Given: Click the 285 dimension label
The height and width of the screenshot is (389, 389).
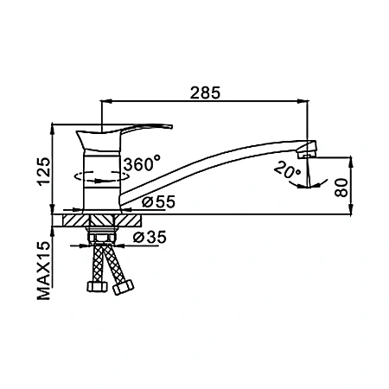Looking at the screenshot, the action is click(205, 92).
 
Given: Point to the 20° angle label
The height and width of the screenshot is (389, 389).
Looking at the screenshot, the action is click(287, 170).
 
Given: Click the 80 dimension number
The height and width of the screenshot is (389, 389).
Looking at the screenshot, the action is click(341, 188).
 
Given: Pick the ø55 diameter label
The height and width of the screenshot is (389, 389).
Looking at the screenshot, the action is click(158, 201).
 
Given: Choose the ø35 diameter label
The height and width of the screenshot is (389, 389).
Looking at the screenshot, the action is click(150, 237).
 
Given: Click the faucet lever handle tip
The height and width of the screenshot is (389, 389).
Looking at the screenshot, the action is click(170, 126).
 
